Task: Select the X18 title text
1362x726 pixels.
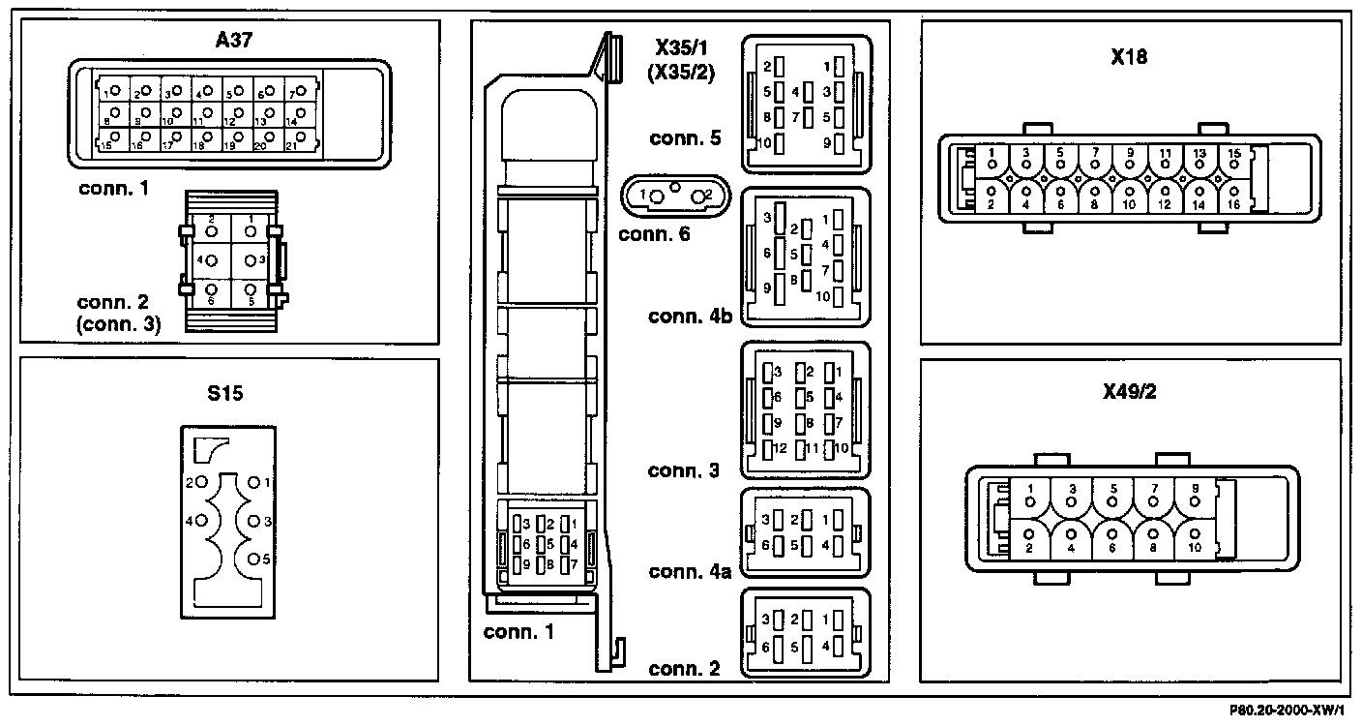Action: [1130, 57]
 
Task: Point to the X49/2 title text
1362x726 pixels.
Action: [1130, 393]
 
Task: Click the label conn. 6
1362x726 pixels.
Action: [654, 232]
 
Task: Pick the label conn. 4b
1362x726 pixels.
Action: [689, 317]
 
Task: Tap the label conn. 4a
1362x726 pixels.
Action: [689, 571]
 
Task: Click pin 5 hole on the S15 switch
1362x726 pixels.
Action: [255, 559]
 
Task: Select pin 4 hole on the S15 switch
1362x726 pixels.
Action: [202, 521]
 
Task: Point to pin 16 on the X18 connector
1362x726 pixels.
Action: [1233, 192]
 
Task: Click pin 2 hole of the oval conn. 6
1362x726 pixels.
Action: [697, 196]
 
